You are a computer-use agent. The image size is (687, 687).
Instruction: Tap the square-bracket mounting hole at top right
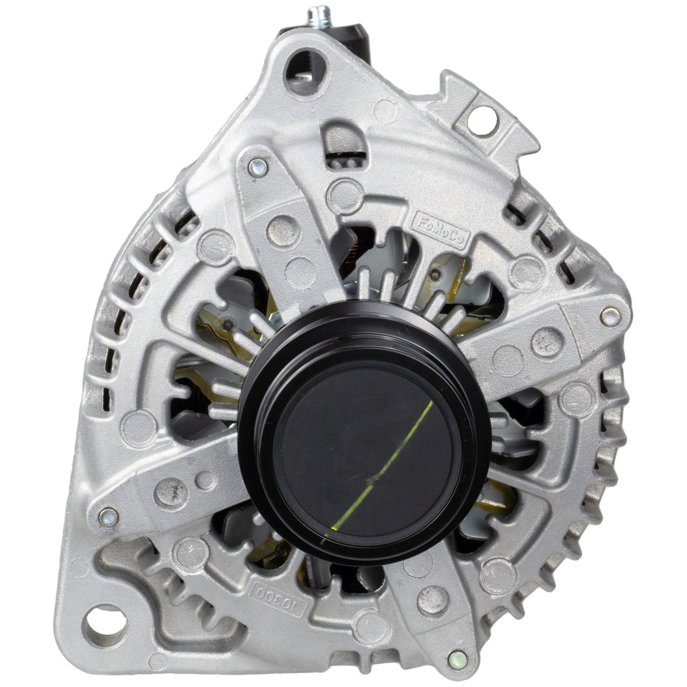482,120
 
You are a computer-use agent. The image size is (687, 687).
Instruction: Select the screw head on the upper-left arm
258,167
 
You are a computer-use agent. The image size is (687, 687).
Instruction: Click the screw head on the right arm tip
610,316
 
